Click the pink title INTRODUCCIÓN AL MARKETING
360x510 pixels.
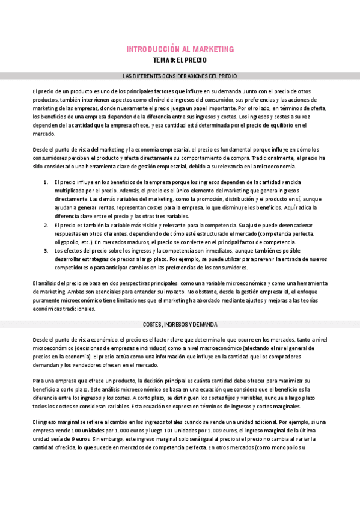180,49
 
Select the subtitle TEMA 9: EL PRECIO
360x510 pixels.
180,61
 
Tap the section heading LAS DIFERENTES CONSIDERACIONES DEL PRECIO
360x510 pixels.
180,76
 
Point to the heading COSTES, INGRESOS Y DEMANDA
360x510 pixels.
180,324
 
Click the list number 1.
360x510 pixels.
46,182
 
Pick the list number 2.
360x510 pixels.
46,224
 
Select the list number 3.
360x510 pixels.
46,250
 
